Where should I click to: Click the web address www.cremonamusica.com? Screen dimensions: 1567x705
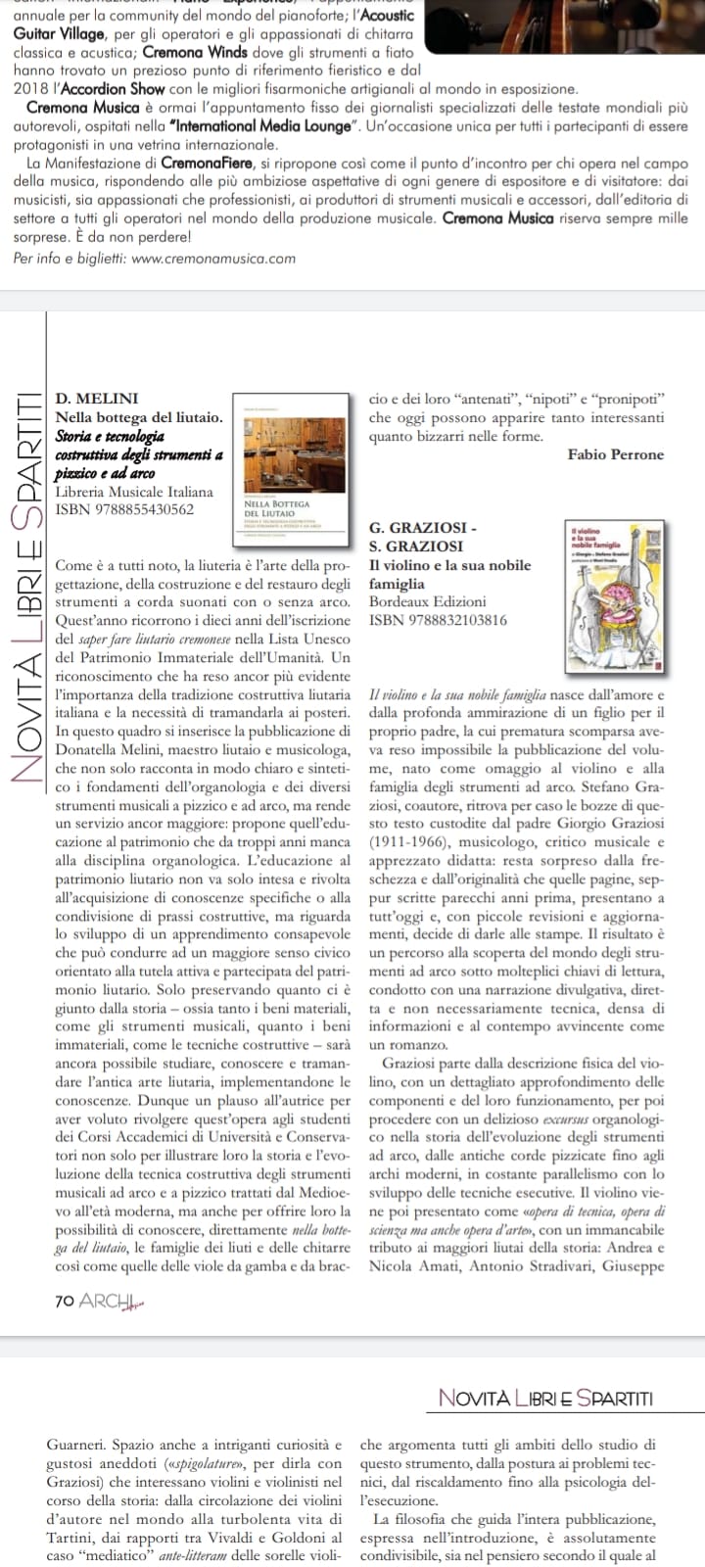[212, 259]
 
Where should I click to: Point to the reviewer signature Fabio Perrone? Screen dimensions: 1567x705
[615, 454]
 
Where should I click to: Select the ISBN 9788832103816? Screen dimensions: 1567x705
[438, 619]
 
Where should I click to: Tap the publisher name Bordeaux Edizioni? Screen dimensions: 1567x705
[427, 601]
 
